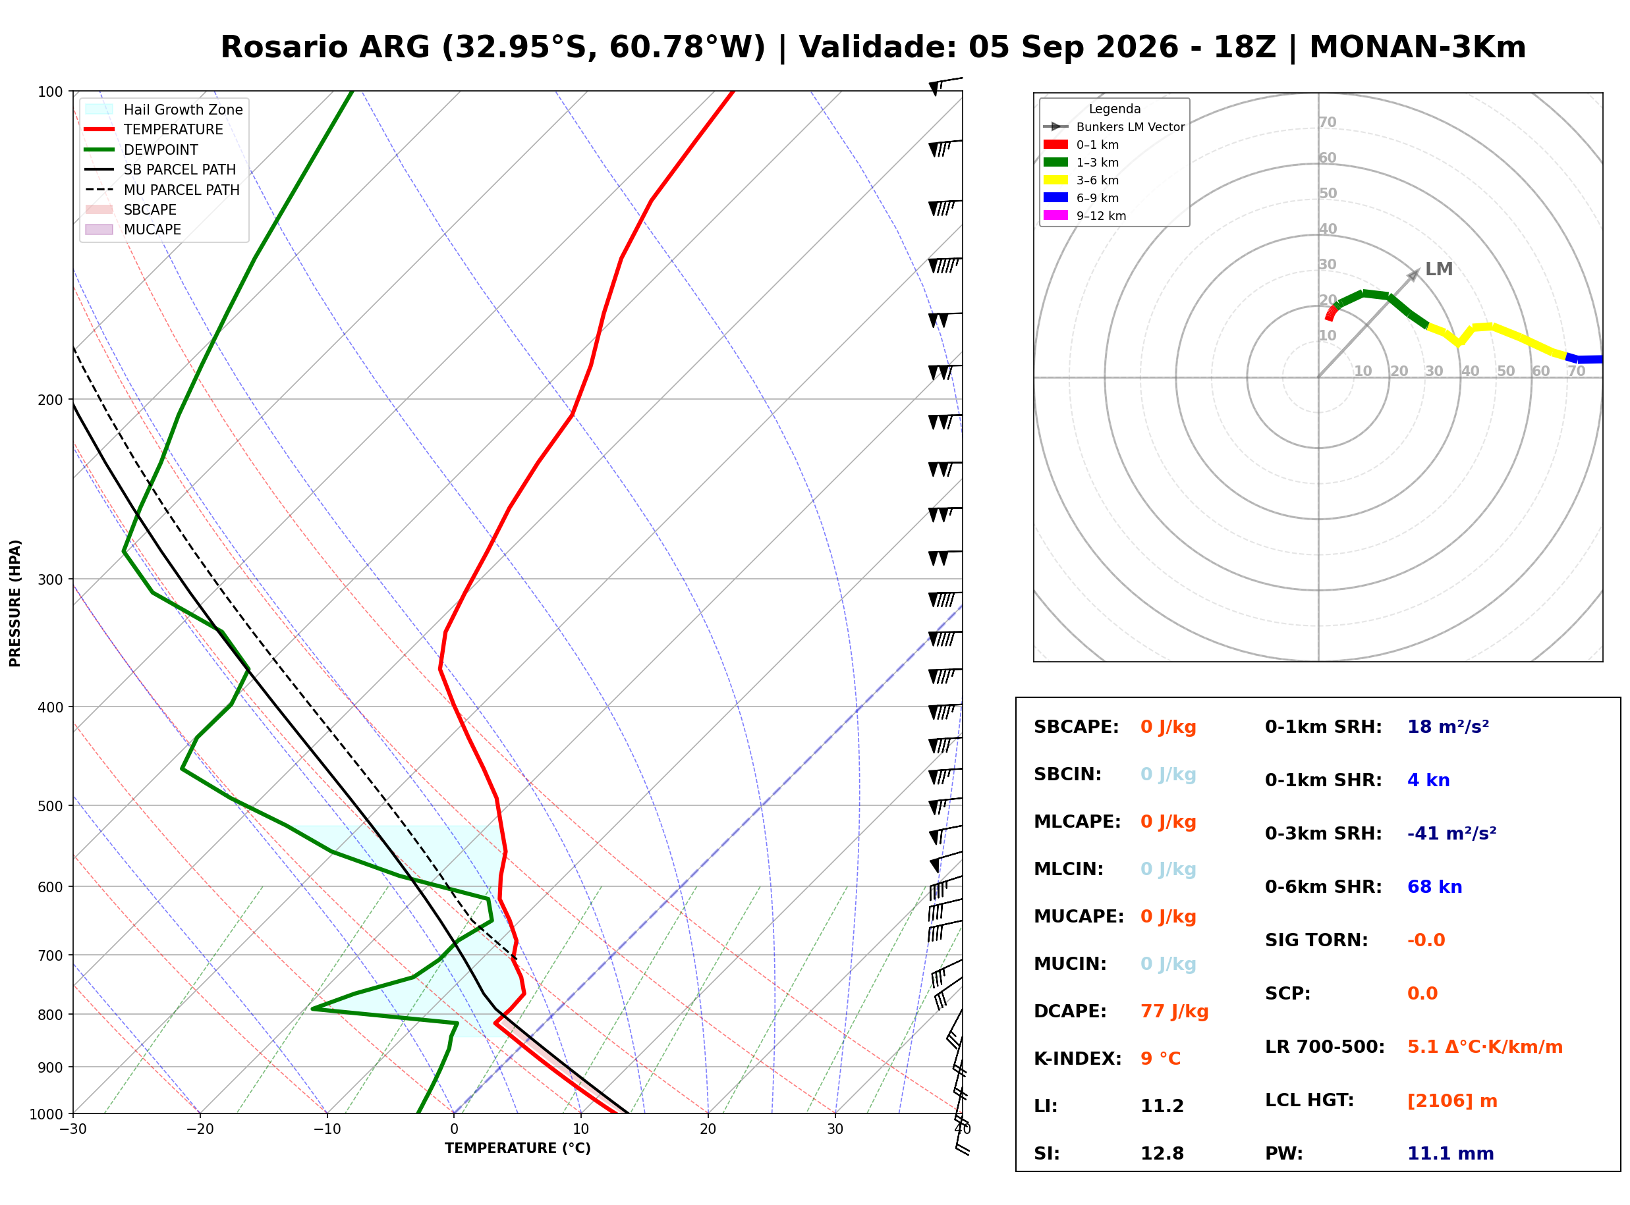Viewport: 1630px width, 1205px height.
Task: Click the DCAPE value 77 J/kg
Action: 1174,1011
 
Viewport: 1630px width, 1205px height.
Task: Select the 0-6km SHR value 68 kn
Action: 1434,886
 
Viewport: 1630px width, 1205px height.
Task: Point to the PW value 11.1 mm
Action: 1451,1153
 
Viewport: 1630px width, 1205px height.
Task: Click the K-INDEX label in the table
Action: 1078,1058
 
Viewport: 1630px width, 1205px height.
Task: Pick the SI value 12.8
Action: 1162,1153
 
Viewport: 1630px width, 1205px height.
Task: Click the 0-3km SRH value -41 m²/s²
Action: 1451,833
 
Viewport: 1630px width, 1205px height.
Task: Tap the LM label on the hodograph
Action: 1439,269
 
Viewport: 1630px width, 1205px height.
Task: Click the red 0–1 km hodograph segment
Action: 1331,313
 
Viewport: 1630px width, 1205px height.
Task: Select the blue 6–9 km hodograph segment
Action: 1584,358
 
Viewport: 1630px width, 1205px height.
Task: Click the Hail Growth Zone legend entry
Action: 163,109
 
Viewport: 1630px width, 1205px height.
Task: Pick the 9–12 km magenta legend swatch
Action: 1055,215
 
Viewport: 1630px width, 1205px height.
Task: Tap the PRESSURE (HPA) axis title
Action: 15,603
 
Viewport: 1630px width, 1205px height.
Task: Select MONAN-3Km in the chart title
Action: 1418,47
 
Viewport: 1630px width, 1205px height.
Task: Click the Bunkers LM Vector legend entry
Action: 1114,127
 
